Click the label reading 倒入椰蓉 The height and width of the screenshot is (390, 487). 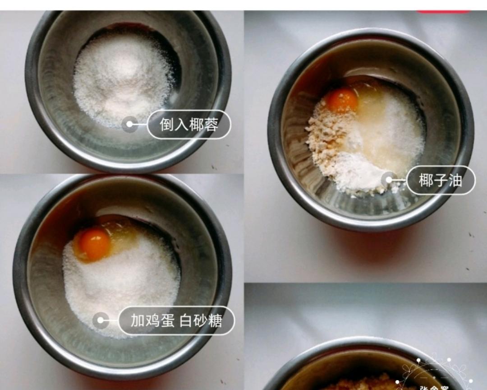[x=189, y=124]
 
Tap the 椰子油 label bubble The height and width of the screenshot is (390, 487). [x=441, y=180]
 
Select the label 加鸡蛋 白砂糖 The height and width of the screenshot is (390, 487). [x=176, y=320]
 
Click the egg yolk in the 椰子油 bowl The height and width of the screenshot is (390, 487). [x=342, y=100]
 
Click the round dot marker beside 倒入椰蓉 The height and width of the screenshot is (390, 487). [x=130, y=124]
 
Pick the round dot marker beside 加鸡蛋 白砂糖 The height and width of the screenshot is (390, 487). [x=101, y=321]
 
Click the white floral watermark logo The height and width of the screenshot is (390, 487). [x=435, y=375]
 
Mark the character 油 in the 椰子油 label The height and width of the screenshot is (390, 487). [x=455, y=180]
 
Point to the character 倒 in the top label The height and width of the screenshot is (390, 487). [x=167, y=124]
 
